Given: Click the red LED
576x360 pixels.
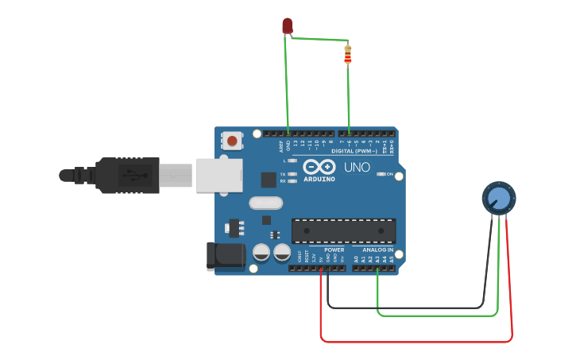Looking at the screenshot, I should click(x=287, y=26).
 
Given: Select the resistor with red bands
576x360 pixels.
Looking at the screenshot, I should click(x=347, y=55).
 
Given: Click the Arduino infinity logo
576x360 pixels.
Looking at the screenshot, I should click(x=319, y=168).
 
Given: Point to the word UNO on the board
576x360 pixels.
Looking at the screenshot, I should click(x=357, y=168).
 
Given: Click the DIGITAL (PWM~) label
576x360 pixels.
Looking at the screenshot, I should click(x=354, y=150).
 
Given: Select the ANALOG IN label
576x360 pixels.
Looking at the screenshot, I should click(x=373, y=250).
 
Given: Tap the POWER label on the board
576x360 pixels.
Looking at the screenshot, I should click(x=334, y=250).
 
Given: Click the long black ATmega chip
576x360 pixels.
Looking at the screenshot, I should click(x=343, y=230).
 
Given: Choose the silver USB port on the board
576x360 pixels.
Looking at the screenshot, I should click(x=219, y=175).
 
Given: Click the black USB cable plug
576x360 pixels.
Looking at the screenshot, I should click(x=127, y=175).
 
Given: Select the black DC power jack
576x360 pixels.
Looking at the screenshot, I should click(x=225, y=254).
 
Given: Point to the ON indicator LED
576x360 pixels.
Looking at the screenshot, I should click(x=381, y=174).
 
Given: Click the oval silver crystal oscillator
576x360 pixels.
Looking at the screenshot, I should click(x=265, y=203).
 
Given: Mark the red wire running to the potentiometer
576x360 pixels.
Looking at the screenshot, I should click(x=413, y=342).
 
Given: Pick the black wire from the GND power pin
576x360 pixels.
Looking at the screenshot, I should click(x=405, y=308).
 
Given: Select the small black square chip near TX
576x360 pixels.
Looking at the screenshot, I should click(x=269, y=180).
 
